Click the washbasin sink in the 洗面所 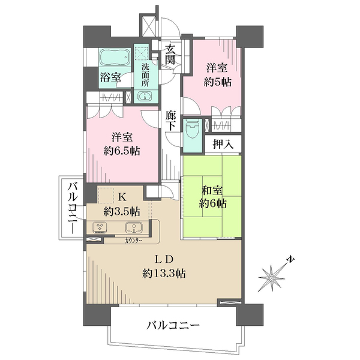pos(145,96)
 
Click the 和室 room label pos(213,191)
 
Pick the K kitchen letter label pos(121,197)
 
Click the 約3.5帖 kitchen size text pos(121,211)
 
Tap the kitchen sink pos(133,228)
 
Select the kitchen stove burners pos(100,228)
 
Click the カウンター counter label pos(134,240)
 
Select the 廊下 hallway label pos(170,122)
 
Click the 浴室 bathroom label pos(110,77)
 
